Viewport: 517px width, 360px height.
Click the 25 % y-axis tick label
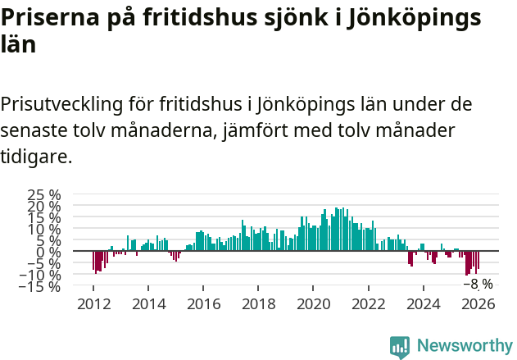[x=45, y=195]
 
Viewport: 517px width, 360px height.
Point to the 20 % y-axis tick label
[x=45, y=207]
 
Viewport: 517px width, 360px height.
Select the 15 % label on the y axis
[x=45, y=218]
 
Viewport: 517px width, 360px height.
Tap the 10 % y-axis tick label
[x=45, y=230]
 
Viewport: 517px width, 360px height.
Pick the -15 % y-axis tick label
[x=41, y=287]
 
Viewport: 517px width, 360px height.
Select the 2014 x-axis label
[x=148, y=303]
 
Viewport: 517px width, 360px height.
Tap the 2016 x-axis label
[x=203, y=303]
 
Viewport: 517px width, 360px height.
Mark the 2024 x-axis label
[x=424, y=303]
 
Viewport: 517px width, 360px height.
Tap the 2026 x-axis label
[x=478, y=303]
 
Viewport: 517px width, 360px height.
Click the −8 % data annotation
[x=478, y=285]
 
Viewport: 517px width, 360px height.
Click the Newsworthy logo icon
[x=400, y=347]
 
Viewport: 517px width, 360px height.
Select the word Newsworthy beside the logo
[x=464, y=347]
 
